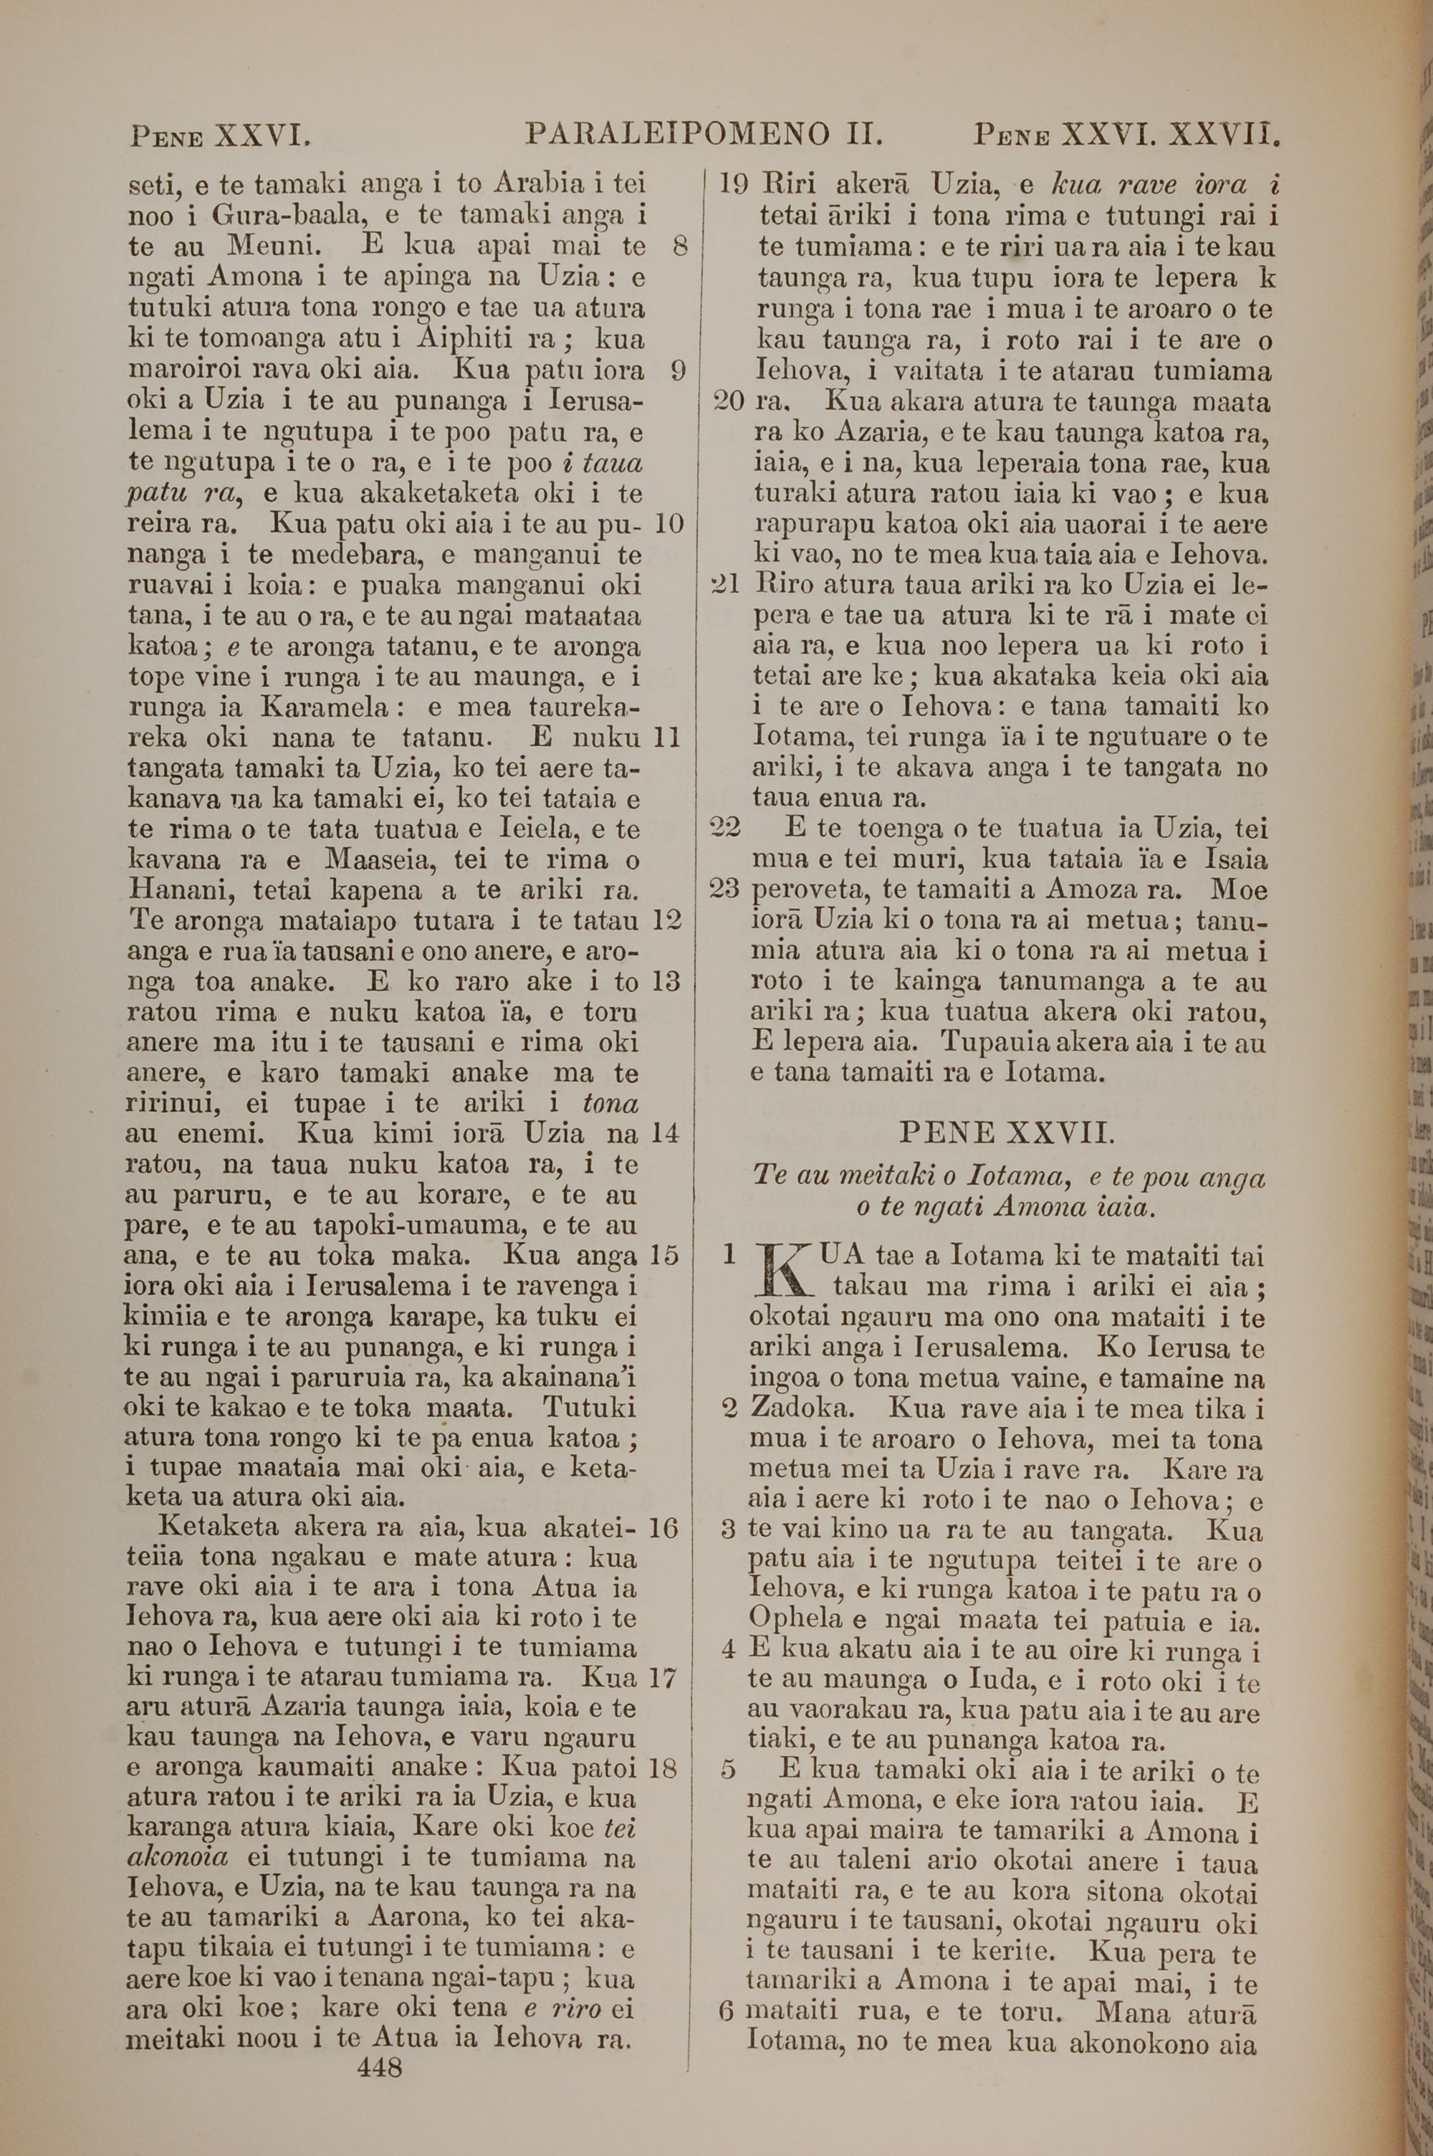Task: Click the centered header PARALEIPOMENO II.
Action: click(704, 136)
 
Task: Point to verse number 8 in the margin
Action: click(679, 247)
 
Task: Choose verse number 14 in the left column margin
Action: click(666, 1134)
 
